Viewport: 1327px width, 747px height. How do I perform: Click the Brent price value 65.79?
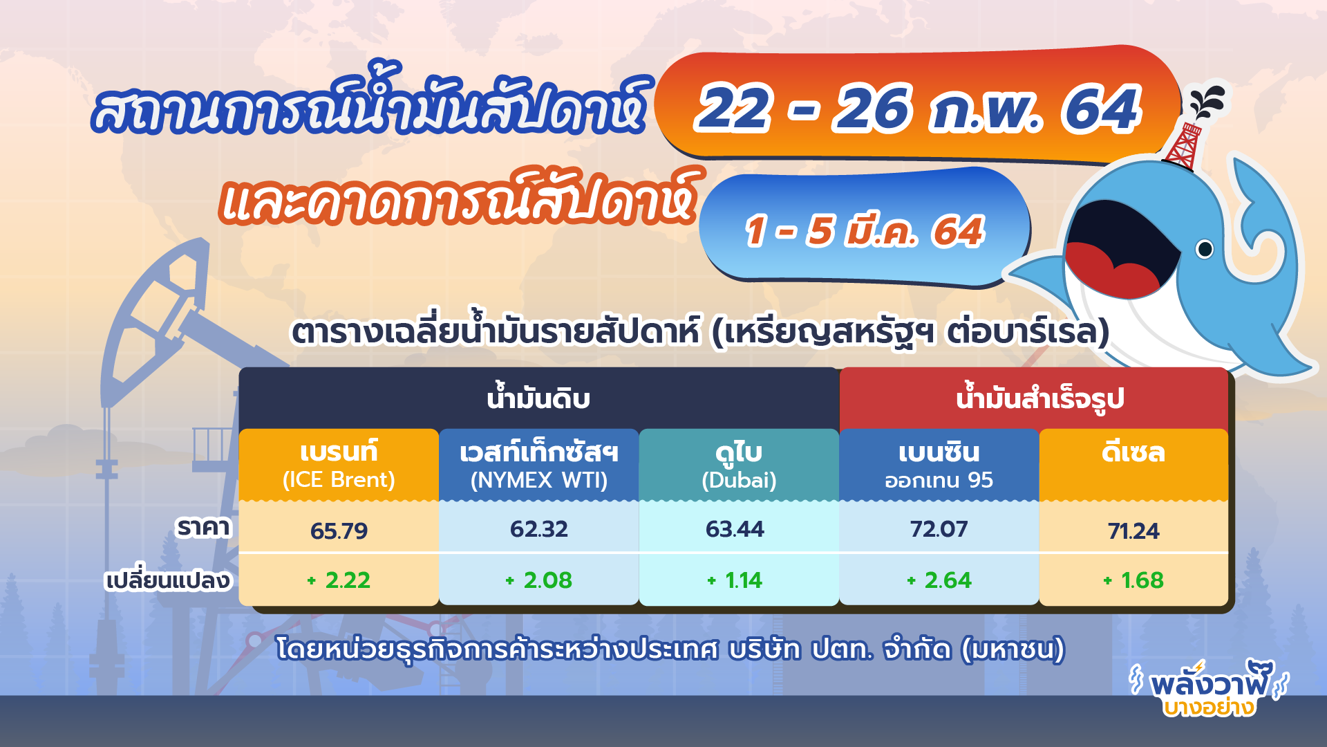pyautogui.click(x=339, y=531)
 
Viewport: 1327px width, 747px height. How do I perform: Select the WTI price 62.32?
pyautogui.click(x=538, y=529)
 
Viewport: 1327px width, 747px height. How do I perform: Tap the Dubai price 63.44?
pyautogui.click(x=735, y=529)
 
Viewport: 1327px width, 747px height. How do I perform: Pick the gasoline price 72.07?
pyautogui.click(x=938, y=529)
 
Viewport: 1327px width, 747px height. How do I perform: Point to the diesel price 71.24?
pyautogui.click(x=1133, y=531)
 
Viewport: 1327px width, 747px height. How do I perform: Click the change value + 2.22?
pyautogui.click(x=339, y=580)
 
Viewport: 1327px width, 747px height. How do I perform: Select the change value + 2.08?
pyautogui.click(x=538, y=580)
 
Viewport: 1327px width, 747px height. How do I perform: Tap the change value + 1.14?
pyautogui.click(x=735, y=580)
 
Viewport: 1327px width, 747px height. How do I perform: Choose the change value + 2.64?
pyautogui.click(x=939, y=580)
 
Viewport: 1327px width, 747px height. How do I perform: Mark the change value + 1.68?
pyautogui.click(x=1133, y=580)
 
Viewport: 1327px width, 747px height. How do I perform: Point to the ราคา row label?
pyautogui.click(x=203, y=528)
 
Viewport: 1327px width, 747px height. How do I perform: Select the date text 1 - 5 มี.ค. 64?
pyautogui.click(x=864, y=230)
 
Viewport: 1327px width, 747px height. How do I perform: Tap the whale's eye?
pyautogui.click(x=1205, y=248)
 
